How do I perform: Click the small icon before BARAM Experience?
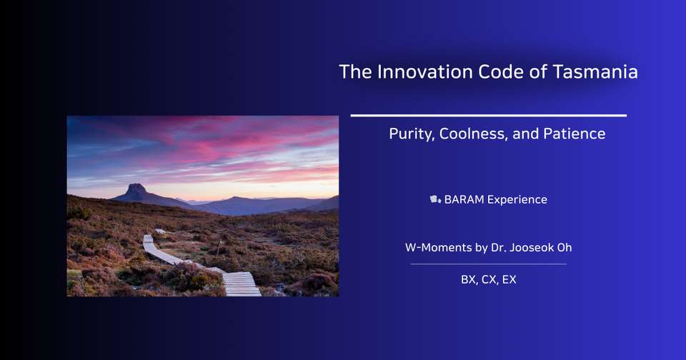click(434, 199)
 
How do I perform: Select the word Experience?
click(517, 200)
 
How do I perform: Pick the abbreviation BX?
click(469, 280)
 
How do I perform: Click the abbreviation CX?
click(489, 280)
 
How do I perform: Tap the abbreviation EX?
click(509, 280)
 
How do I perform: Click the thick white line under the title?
click(488, 115)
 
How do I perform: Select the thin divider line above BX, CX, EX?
click(488, 264)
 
